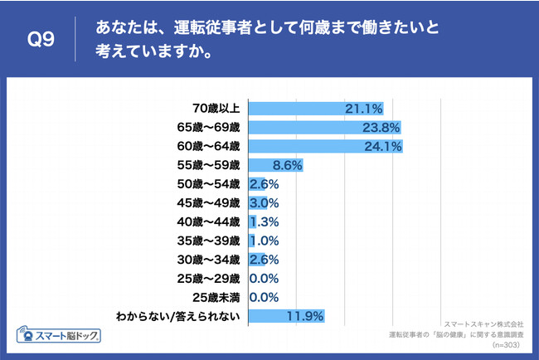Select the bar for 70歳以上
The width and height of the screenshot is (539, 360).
[315, 109]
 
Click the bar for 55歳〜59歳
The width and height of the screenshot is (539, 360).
[275, 166]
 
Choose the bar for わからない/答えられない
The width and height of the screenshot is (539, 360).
[286, 316]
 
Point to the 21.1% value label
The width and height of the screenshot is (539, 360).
[365, 109]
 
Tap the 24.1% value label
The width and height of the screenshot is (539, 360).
[384, 147]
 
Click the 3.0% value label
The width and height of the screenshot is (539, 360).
[264, 203]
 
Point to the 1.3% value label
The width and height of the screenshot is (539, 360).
[264, 222]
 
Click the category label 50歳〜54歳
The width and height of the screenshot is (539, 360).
[211, 184]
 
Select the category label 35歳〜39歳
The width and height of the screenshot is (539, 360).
[211, 241]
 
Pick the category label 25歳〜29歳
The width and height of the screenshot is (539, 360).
[211, 278]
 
